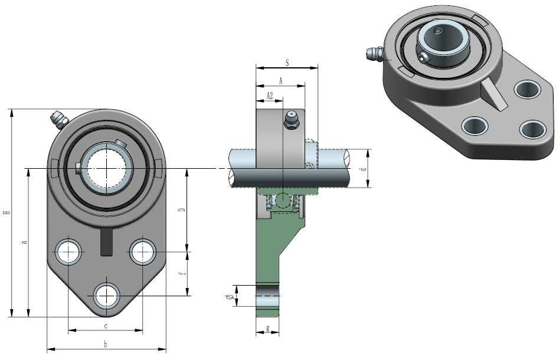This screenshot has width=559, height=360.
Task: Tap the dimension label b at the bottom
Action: pyautogui.click(x=105, y=343)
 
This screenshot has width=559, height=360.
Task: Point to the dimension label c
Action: pyautogui.click(x=106, y=326)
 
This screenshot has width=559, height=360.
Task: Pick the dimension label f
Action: pyautogui.click(x=183, y=273)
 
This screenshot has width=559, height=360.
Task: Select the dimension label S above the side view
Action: pyautogui.click(x=287, y=62)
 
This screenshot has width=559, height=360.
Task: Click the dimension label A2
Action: pyautogui.click(x=269, y=95)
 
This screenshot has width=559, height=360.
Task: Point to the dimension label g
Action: pyautogui.click(x=269, y=328)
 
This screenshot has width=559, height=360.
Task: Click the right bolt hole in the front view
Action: pyautogui.click(x=142, y=252)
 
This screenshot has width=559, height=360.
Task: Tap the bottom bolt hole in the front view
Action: pyautogui.click(x=106, y=295)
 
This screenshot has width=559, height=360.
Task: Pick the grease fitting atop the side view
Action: pyautogui.click(x=290, y=118)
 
